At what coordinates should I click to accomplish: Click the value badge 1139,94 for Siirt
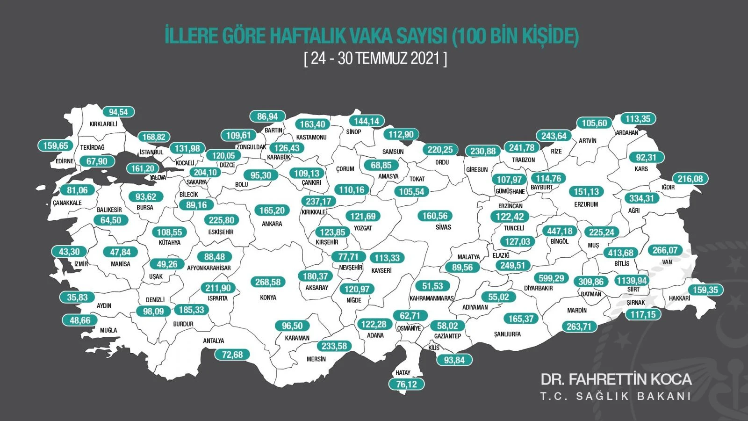pos(632,281)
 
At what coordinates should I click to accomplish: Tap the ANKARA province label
pos(272,224)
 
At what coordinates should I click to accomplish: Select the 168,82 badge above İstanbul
pos(154,137)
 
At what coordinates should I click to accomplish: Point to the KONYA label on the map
pos(268,298)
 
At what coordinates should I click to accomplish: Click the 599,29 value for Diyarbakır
pos(551,278)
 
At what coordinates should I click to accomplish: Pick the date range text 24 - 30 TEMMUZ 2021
pos(375,59)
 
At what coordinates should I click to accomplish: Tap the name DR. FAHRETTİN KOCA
pos(616,379)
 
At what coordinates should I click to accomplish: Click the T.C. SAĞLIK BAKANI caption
pos(616,396)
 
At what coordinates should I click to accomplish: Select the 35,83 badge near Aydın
pos(77,298)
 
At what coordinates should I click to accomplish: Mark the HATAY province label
pos(403,373)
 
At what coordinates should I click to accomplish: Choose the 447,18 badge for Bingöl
pos(560,231)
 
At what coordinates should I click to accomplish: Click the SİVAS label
pos(443,227)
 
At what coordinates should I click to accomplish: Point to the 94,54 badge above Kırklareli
pos(118,112)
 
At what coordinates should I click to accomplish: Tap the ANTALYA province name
pos(213,341)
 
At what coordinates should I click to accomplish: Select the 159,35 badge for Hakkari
pos(705,290)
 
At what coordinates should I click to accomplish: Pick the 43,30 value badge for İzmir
pos(69,252)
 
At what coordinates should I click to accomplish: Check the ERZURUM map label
pos(586,204)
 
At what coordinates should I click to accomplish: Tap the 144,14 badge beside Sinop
pos(366,121)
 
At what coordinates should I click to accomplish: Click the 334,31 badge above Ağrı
pos(641,198)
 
